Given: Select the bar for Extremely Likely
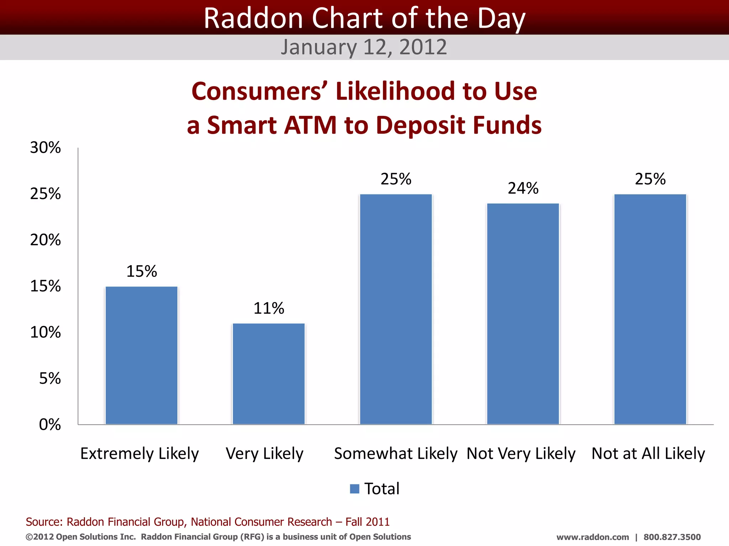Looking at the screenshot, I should (x=141, y=355).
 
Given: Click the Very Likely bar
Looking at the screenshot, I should (x=268, y=374).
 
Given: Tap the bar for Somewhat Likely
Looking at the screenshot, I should (x=396, y=309).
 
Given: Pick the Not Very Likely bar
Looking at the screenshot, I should (x=523, y=314).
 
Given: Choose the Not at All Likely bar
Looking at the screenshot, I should (x=650, y=309).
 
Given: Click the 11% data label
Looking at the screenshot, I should (x=268, y=308).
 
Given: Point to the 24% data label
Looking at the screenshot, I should (x=523, y=188).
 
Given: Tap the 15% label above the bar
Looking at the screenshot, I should (x=141, y=272).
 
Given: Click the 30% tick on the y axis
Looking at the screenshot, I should (x=45, y=148).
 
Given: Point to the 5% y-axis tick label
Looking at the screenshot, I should (x=50, y=379).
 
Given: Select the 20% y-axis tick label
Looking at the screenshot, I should (x=45, y=240).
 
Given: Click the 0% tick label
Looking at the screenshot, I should (x=50, y=425).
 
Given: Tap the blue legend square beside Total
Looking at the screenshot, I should (x=355, y=489).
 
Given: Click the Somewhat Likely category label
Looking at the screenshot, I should (x=395, y=454).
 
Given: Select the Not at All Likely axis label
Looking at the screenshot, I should (x=648, y=454).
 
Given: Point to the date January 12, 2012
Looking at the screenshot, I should (x=364, y=47).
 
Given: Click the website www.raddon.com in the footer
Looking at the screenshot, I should (x=593, y=537).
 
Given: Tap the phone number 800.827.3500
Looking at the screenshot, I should (x=672, y=537).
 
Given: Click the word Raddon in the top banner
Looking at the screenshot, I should (x=253, y=18).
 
